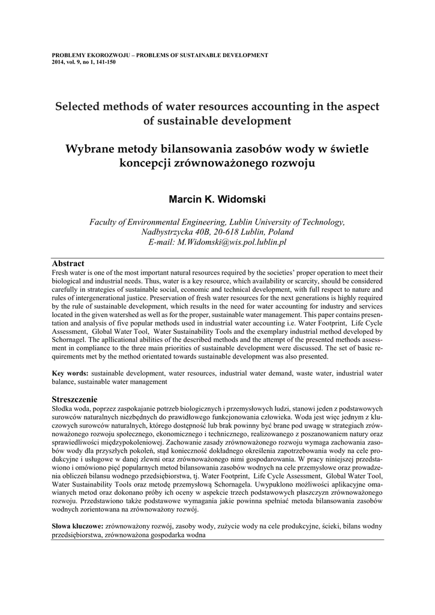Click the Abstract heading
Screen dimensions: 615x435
[x=68, y=263]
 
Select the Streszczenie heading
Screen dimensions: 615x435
[x=76, y=399]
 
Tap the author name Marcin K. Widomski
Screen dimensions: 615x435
[x=217, y=199]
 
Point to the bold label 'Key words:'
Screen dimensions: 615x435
[x=71, y=374]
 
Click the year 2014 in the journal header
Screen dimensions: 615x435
[x=59, y=62]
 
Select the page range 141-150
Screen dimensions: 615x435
[x=104, y=62]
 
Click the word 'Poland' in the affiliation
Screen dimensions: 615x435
[x=280, y=232]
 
